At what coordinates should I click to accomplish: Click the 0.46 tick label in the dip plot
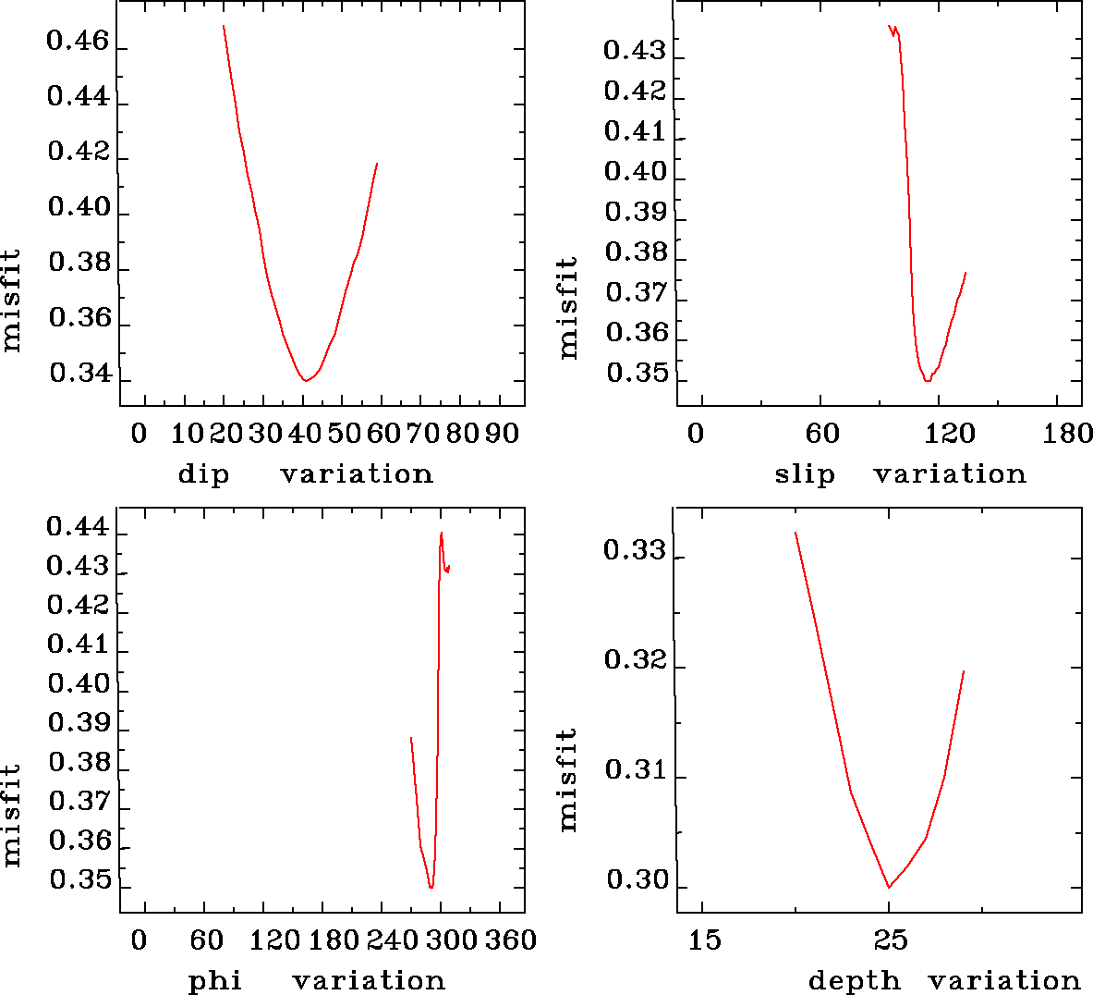pos(78,43)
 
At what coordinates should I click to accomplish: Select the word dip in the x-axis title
pos(202,474)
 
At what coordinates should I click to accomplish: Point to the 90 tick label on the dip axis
pos(501,434)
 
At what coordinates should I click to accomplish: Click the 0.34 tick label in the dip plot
pos(79,375)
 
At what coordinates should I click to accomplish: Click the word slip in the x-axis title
pos(804,474)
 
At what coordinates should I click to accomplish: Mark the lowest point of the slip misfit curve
pos(927,380)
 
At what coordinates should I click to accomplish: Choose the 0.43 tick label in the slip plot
pos(634,50)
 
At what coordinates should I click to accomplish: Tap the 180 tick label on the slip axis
pos(1067,434)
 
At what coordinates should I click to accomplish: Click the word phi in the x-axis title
pos(214,981)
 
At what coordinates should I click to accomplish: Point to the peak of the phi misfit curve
pos(442,533)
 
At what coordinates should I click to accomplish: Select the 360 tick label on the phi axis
pos(510,940)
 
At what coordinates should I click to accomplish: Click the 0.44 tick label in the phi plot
pos(78,528)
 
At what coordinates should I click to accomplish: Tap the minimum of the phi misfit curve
pos(431,887)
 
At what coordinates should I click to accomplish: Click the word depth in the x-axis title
pos(854,981)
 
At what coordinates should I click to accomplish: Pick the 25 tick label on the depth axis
pos(891,940)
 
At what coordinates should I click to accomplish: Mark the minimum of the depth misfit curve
pos(889,887)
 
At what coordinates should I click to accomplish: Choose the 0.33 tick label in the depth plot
pos(634,551)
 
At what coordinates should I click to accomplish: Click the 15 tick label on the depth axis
pos(704,940)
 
